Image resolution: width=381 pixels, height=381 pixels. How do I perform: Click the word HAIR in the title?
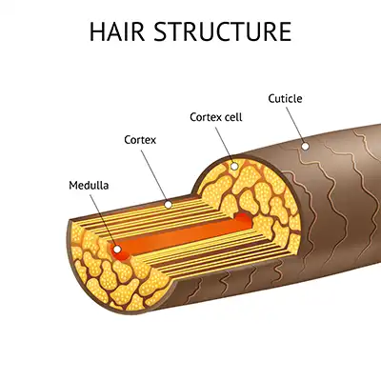tap(117, 31)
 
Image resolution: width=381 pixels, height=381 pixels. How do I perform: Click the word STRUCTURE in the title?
tap(223, 31)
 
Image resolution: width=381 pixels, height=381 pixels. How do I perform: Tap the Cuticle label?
tap(285, 98)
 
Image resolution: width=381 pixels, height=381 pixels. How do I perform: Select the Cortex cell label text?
tap(216, 117)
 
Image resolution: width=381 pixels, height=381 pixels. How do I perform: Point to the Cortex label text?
tap(140, 140)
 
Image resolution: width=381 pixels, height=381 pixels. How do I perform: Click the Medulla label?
tap(89, 185)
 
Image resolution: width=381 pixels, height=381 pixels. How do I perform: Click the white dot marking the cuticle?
tap(305, 147)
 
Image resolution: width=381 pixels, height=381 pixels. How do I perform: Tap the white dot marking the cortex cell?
tap(234, 166)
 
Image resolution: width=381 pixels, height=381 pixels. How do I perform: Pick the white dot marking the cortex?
tap(169, 205)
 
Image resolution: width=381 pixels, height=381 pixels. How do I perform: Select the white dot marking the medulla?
tap(117, 250)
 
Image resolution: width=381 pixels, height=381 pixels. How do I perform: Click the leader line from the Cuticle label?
tap(295, 125)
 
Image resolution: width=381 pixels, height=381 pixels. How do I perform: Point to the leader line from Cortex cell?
tap(224, 145)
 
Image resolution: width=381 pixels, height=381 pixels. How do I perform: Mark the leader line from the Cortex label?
tap(154, 176)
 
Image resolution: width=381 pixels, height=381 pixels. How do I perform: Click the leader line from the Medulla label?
tap(102, 220)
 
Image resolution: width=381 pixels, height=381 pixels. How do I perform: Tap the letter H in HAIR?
tap(97, 31)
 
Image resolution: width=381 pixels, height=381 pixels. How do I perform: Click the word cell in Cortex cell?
tap(234, 117)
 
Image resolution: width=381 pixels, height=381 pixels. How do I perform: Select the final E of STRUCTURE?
tap(286, 31)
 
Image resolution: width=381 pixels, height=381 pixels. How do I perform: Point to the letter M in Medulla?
tap(73, 186)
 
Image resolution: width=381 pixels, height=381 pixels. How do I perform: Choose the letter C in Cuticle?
tap(271, 99)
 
